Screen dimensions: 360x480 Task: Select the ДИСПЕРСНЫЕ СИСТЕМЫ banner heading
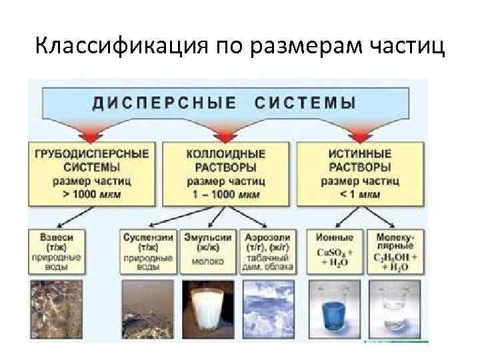(223, 103)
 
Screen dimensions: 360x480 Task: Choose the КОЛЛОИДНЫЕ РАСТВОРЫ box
(226, 172)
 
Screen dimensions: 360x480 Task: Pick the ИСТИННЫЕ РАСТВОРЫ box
(360, 172)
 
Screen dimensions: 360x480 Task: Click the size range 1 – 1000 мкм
(226, 195)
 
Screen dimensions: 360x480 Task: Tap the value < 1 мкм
(360, 195)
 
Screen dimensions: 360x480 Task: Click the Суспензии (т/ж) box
(148, 251)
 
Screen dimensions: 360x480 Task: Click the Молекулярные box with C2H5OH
(396, 251)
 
